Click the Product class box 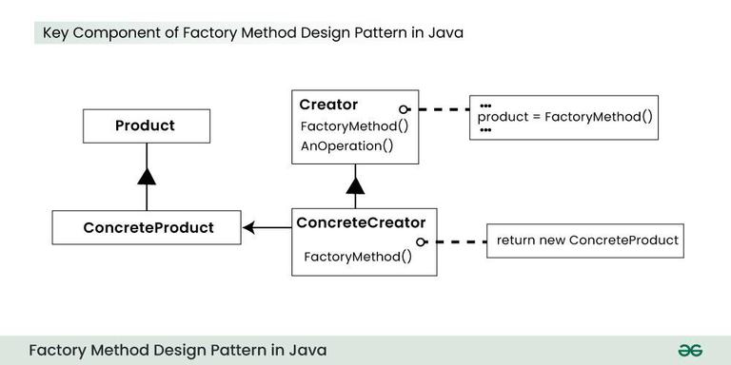(x=145, y=125)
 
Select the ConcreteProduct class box (x=148, y=227)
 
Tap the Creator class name (x=328, y=104)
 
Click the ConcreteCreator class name (x=361, y=223)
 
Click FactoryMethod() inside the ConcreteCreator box (x=357, y=257)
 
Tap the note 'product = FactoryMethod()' (x=564, y=117)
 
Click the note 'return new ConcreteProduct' (x=587, y=240)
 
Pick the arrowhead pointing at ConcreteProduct (x=249, y=227)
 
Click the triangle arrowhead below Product (x=146, y=175)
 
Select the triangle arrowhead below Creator (x=355, y=183)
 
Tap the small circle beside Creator (x=405, y=109)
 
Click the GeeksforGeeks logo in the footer (x=690, y=350)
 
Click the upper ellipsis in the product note (x=485, y=105)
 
